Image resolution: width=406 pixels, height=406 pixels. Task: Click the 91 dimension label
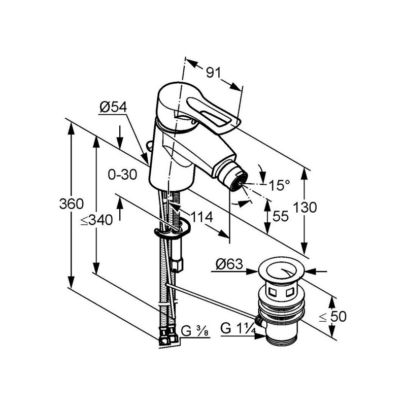click(214, 73)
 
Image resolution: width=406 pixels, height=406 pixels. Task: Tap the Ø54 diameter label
click(113, 107)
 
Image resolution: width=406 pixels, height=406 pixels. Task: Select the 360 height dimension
click(72, 204)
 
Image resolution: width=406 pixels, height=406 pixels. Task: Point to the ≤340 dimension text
click(96, 220)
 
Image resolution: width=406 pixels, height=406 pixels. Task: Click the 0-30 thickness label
click(122, 175)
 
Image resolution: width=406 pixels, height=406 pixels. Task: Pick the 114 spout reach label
click(201, 217)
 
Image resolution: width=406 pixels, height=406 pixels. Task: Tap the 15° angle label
click(280, 185)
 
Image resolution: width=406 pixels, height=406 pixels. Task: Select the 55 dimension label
click(281, 216)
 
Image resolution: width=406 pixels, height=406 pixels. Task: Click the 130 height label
click(305, 208)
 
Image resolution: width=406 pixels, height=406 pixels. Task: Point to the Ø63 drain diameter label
click(229, 264)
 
